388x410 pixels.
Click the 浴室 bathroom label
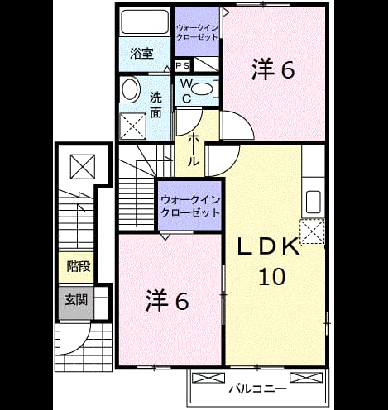(141, 54)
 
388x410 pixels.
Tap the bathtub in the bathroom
(145, 22)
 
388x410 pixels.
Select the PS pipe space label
(183, 66)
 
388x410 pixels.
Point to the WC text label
(187, 91)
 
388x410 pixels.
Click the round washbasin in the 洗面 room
(131, 90)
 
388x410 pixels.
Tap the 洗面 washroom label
(156, 105)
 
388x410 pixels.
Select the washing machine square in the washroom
(132, 126)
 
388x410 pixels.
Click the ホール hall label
(193, 150)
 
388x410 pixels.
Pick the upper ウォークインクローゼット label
(197, 32)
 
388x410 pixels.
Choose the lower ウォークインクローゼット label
(190, 207)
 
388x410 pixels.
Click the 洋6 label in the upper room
(273, 70)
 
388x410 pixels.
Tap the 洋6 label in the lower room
(167, 301)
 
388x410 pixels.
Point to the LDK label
(269, 246)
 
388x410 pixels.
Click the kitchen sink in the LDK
(314, 203)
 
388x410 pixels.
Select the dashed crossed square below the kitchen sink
(312, 231)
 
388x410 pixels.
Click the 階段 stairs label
(79, 267)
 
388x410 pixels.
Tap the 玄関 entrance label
(76, 300)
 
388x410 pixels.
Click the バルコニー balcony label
(258, 389)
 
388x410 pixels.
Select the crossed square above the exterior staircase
(83, 167)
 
